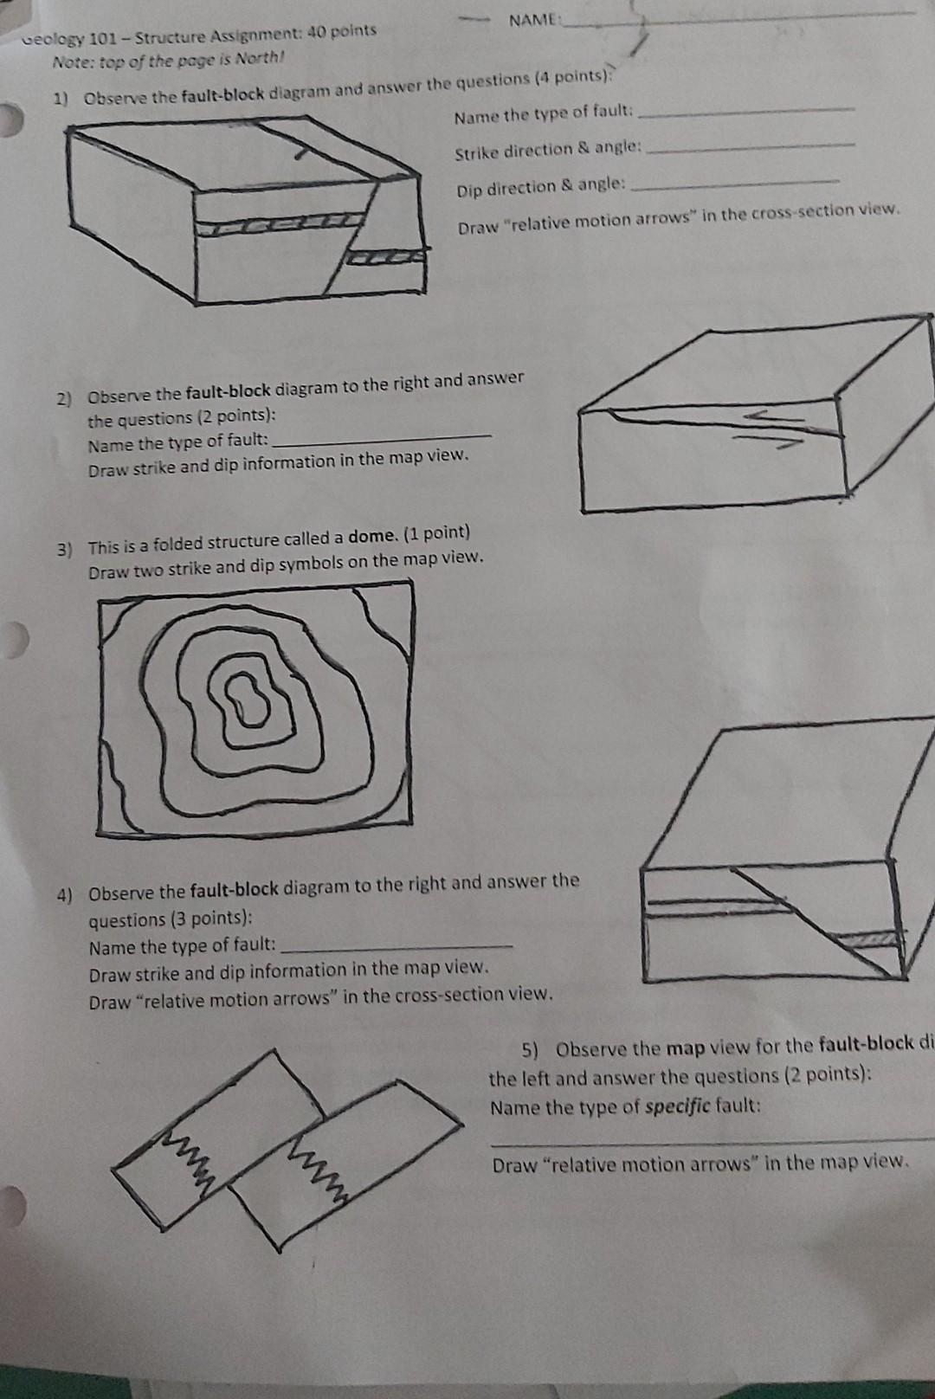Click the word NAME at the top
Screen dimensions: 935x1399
(x=532, y=21)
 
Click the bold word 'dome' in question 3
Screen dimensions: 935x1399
(x=372, y=537)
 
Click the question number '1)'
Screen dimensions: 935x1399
(x=61, y=100)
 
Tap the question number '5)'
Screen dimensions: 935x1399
(x=531, y=1050)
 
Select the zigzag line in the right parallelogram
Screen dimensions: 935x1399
(x=322, y=1170)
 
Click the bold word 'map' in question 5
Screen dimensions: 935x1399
(x=686, y=1048)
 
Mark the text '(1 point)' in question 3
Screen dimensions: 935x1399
(x=437, y=534)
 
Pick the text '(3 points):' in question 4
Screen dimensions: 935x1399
(x=212, y=918)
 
